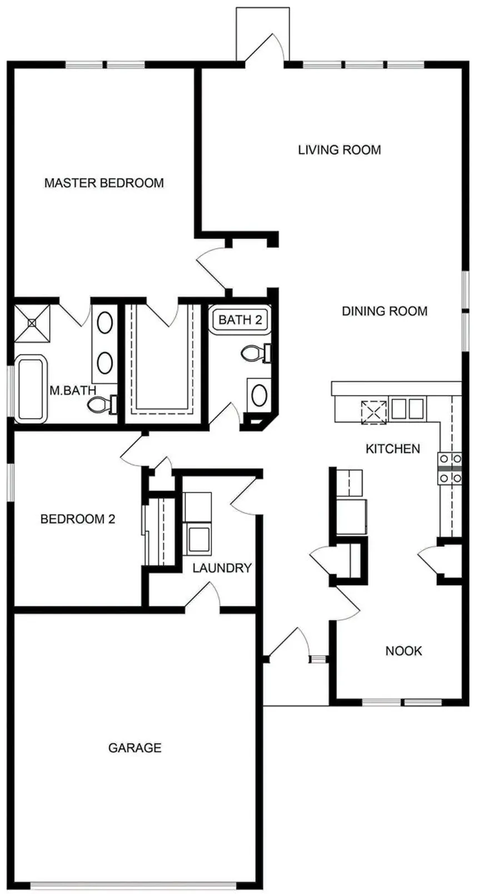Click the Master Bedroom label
[x=104, y=183]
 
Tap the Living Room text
[x=340, y=150]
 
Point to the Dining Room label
[x=385, y=311]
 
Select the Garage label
[x=135, y=748]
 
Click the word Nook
[x=404, y=651]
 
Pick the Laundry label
[x=222, y=567]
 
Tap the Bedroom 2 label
[x=78, y=519]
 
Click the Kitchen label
[x=393, y=448]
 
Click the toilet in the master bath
[x=102, y=404]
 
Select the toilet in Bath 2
[x=257, y=353]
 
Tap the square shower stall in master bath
[x=32, y=324]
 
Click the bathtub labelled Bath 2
[x=241, y=319]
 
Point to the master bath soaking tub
[x=31, y=389]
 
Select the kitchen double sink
[x=407, y=408]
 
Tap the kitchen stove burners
[x=450, y=468]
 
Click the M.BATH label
[x=73, y=391]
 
